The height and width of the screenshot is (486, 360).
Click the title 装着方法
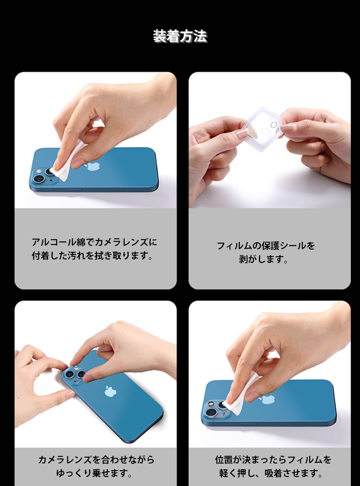(x=180, y=36)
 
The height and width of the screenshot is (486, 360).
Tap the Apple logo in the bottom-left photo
(x=110, y=391)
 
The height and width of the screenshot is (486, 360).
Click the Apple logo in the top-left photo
(x=94, y=166)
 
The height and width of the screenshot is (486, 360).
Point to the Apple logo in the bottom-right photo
(x=267, y=399)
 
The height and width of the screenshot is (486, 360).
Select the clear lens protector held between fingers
(x=263, y=129)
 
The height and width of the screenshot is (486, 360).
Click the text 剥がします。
(x=264, y=259)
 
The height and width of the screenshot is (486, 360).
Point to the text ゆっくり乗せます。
(x=94, y=473)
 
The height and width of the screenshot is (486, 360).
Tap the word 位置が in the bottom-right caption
(x=230, y=459)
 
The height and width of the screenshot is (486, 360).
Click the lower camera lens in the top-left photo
(x=39, y=179)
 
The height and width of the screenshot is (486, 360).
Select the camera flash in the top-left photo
(x=39, y=170)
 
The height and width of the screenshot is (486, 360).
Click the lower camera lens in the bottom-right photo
(x=211, y=412)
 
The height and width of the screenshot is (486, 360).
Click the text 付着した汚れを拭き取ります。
(x=93, y=256)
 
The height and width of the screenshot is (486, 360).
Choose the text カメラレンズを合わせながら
(x=96, y=459)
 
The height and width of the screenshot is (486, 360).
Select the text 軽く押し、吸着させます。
(x=271, y=473)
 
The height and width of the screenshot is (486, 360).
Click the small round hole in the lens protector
(x=274, y=125)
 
